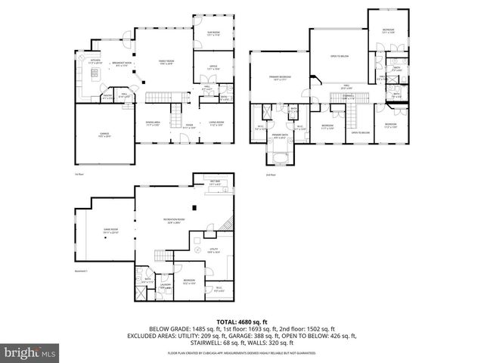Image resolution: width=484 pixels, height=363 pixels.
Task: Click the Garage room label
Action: pyautogui.click(x=104, y=136)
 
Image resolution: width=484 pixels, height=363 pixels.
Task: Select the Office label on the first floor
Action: pyautogui.click(x=213, y=67)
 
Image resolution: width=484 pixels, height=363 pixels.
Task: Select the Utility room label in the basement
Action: pyautogui.click(x=214, y=251)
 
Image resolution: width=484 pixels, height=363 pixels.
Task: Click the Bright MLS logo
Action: pyautogui.click(x=30, y=352)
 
